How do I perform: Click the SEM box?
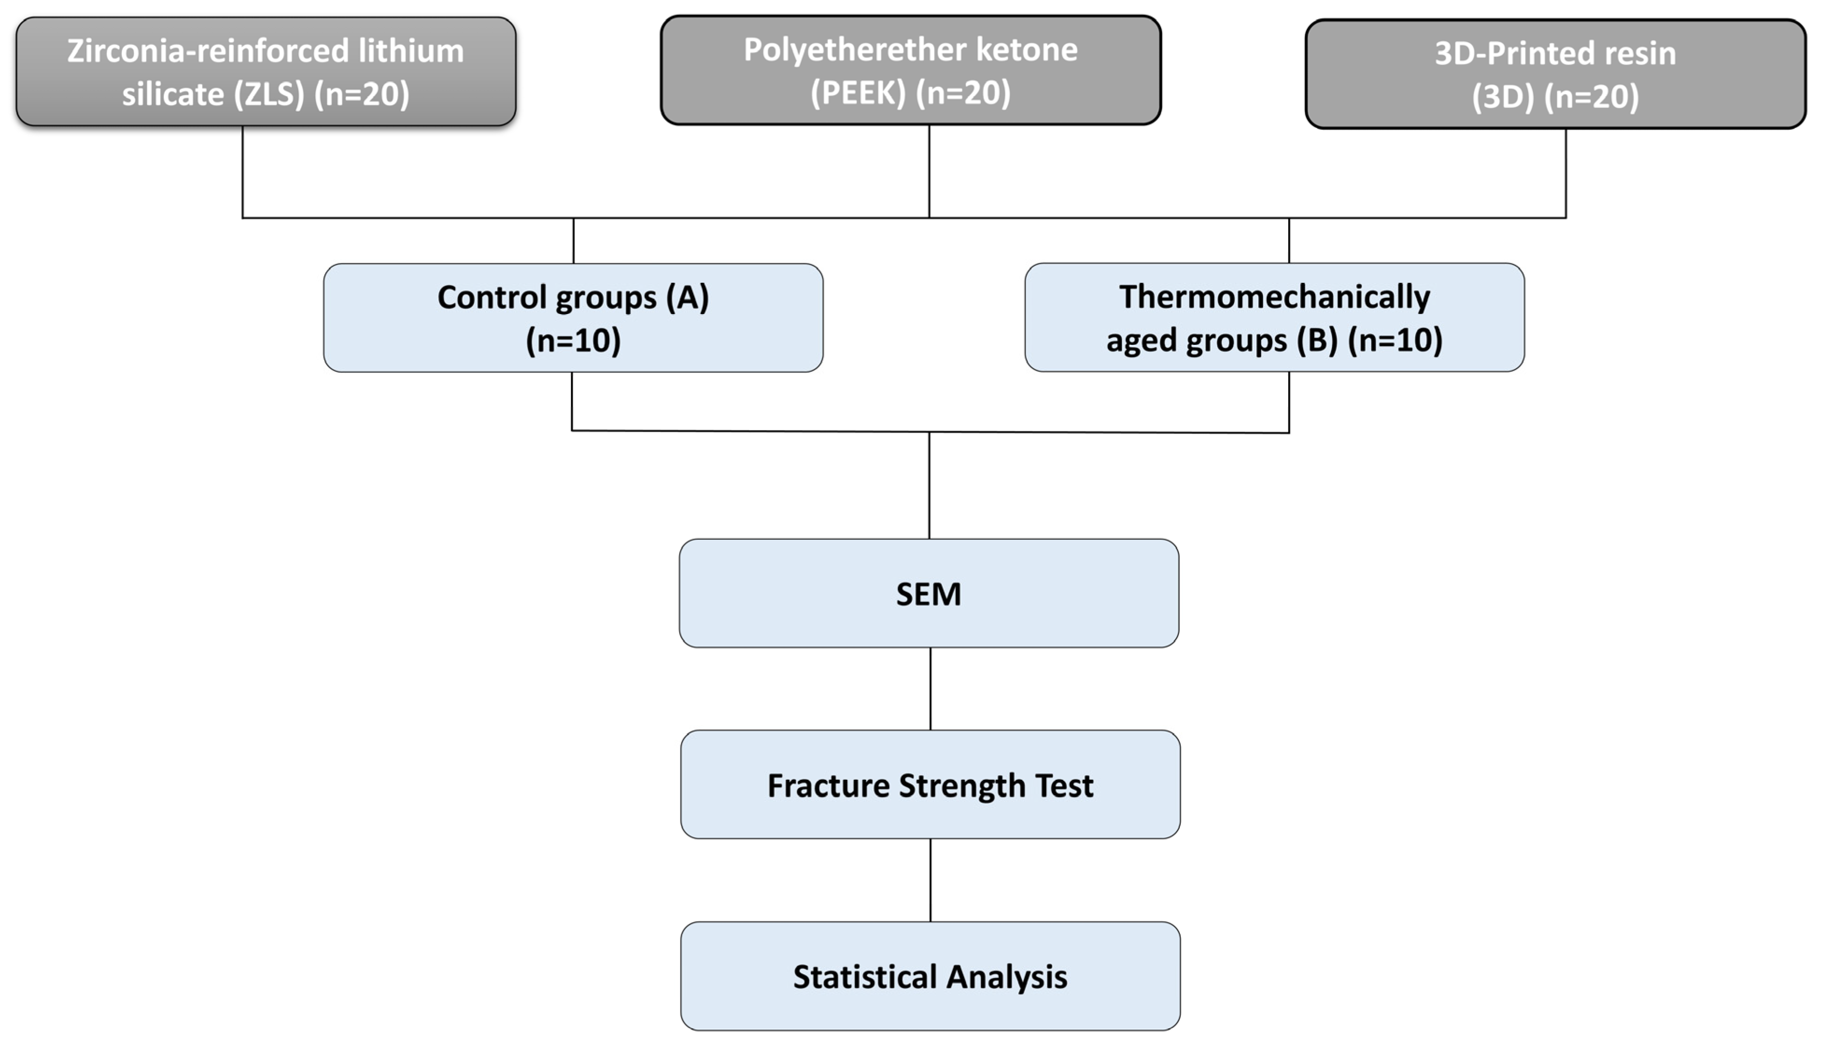(x=928, y=594)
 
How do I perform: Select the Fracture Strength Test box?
(x=930, y=784)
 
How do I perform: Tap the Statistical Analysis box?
(x=930, y=976)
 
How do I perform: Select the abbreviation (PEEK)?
(x=857, y=93)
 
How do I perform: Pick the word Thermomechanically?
(x=1274, y=297)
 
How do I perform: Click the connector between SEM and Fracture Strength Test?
(x=930, y=688)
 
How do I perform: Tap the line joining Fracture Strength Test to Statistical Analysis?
(x=930, y=880)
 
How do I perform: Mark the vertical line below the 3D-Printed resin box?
(x=1565, y=173)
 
